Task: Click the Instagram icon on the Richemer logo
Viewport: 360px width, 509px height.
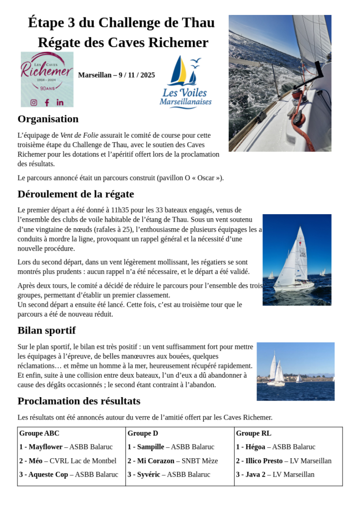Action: tap(34, 102)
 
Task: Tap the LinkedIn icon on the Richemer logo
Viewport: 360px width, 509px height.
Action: tap(60, 102)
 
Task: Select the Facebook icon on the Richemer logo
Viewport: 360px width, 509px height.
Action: tap(47, 102)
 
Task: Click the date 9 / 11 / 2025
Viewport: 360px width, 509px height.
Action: tap(137, 75)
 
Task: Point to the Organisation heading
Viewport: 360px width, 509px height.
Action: tap(48, 119)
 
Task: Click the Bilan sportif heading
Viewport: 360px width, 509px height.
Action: tap(46, 331)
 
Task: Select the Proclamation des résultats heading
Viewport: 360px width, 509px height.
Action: tap(79, 401)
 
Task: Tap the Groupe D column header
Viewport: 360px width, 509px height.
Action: tap(143, 433)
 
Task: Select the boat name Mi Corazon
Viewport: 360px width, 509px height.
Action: tap(156, 461)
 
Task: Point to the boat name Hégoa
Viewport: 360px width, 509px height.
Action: tap(256, 447)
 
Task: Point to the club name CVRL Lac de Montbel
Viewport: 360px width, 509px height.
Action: tap(83, 461)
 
